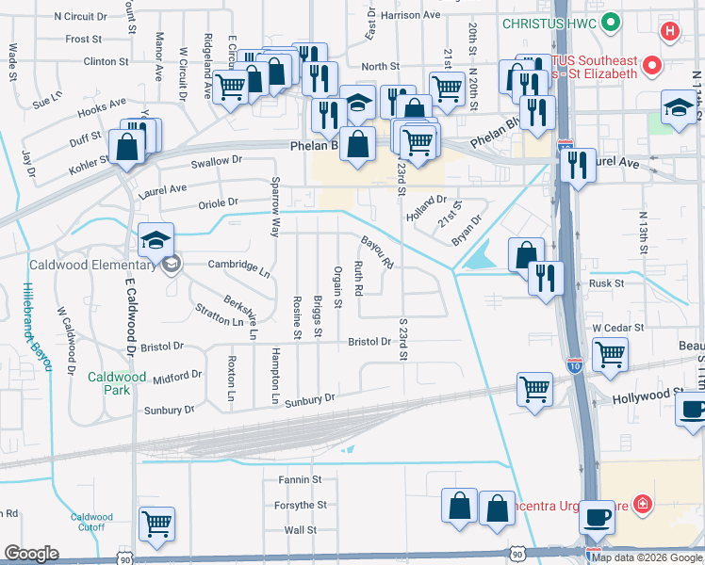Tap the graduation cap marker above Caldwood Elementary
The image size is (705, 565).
pos(156,241)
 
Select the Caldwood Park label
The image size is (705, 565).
pos(117,383)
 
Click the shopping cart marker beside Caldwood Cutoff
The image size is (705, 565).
pos(156,524)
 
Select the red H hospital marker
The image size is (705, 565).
pos(670,32)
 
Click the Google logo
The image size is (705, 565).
pos(32,553)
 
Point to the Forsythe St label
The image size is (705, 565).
pos(300,505)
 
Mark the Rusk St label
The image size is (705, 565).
pos(606,283)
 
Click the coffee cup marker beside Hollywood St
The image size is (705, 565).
pos(693,410)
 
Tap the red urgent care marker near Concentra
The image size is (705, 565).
pos(644,504)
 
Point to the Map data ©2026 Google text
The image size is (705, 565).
pos(647,557)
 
